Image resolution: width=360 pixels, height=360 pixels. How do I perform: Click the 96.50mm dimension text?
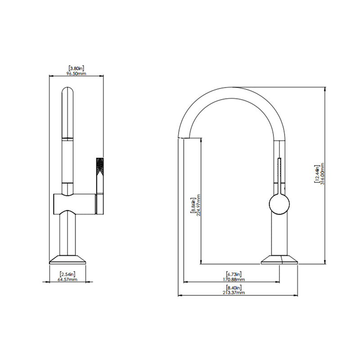click(x=76, y=73)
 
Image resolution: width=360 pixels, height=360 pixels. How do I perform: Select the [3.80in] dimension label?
click(x=76, y=68)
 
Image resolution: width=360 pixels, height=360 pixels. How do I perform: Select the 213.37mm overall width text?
click(x=234, y=292)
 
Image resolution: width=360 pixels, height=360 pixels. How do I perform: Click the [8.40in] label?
click(x=234, y=287)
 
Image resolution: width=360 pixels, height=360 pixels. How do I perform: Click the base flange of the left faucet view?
click(x=67, y=260)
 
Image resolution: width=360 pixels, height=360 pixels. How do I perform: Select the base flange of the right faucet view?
click(x=280, y=260)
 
